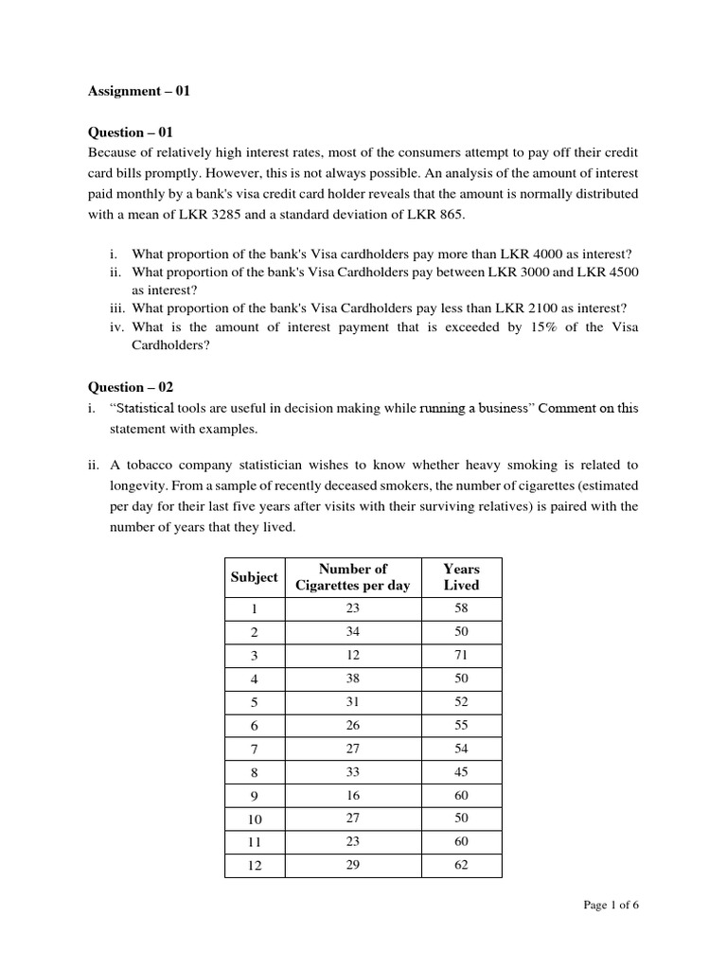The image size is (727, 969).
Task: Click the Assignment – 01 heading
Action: click(x=139, y=92)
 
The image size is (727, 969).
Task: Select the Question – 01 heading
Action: click(x=131, y=132)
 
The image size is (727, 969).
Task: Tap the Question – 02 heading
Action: click(x=131, y=387)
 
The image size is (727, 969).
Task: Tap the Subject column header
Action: click(x=254, y=576)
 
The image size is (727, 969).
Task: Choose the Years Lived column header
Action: click(x=461, y=576)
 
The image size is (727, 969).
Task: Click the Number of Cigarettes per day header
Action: click(x=352, y=576)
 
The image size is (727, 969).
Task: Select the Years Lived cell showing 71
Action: click(x=461, y=655)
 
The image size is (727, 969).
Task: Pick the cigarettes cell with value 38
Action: click(x=352, y=678)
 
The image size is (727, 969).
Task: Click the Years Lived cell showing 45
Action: click(x=461, y=772)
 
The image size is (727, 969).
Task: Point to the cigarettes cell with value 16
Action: click(x=352, y=796)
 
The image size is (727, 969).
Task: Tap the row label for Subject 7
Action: click(x=254, y=749)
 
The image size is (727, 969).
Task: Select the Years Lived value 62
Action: click(x=461, y=866)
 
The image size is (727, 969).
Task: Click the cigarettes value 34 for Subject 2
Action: click(x=352, y=631)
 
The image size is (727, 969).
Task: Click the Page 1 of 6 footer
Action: click(x=611, y=906)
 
